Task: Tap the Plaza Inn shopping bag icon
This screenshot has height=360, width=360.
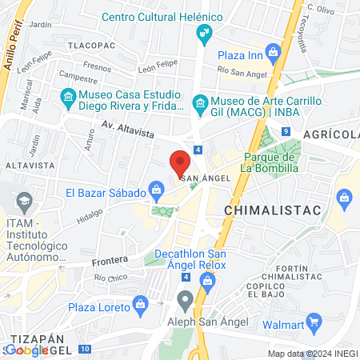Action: pyautogui.click(x=273, y=54)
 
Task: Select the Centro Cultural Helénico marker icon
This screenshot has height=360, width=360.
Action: pyautogui.click(x=203, y=33)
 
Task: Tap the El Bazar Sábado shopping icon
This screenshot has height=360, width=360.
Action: pyautogui.click(x=157, y=191)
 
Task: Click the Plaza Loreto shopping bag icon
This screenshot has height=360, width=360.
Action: pyautogui.click(x=141, y=305)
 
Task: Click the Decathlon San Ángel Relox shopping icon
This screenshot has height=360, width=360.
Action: pyautogui.click(x=208, y=279)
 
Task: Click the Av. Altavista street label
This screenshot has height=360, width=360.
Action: pyautogui.click(x=104, y=126)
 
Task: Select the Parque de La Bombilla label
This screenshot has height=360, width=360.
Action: pyautogui.click(x=271, y=163)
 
